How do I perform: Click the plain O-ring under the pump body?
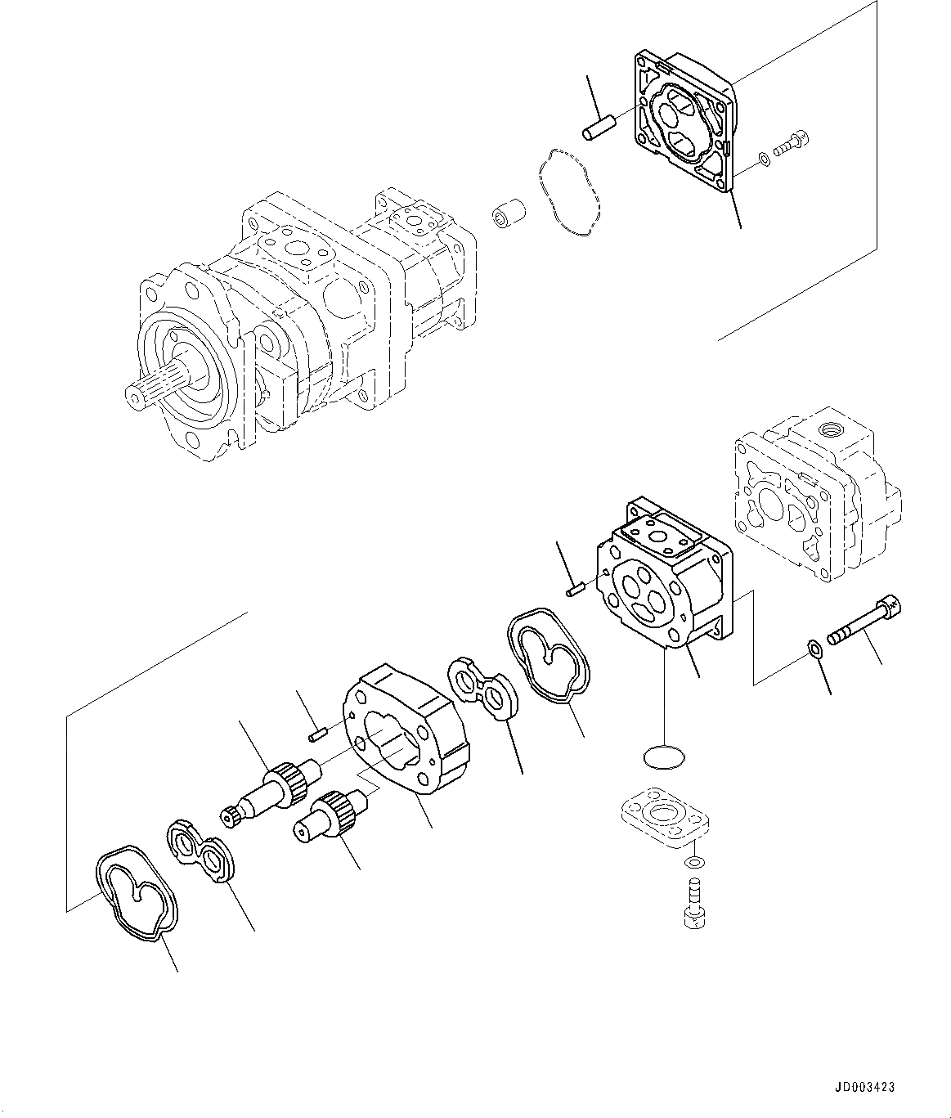pyautogui.click(x=664, y=757)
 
